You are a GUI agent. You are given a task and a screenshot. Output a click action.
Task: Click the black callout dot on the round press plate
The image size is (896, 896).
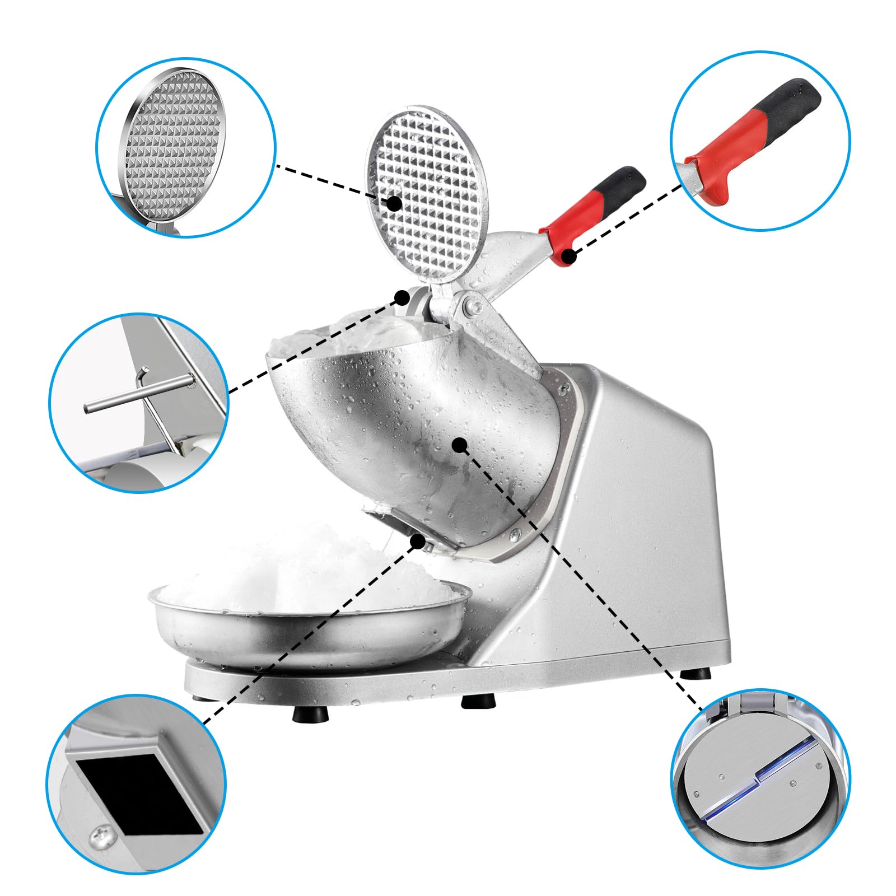pos(394,203)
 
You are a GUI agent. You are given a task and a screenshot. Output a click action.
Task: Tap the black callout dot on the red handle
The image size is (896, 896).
pos(569,256)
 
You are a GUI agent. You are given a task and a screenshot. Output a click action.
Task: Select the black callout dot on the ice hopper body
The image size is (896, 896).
pos(460,445)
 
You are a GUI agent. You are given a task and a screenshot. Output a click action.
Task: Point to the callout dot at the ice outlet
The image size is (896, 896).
pos(417,541)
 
